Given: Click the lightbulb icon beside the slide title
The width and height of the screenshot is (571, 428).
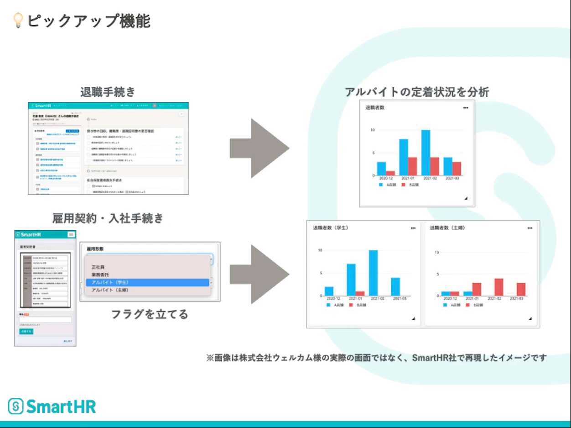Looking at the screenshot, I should [18, 21].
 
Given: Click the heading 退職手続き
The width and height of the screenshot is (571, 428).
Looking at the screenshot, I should [108, 92].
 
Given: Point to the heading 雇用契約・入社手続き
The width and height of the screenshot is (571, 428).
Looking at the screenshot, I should [108, 218].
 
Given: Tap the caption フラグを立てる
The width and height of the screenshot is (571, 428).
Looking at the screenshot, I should [150, 314].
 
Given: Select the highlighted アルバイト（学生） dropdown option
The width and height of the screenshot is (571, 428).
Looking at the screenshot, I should [147, 283].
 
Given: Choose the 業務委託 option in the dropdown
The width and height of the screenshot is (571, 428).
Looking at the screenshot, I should [101, 275].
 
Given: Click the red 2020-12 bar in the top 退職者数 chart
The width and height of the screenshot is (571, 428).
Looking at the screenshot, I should [390, 173].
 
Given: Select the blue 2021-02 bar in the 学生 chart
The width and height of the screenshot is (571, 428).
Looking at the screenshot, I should [373, 273].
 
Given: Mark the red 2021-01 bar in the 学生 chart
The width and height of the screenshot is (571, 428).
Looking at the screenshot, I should [360, 293].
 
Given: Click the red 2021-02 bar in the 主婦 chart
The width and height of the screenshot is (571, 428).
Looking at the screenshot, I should [499, 287].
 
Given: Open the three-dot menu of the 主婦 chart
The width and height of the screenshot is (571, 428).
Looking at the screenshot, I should [529, 228].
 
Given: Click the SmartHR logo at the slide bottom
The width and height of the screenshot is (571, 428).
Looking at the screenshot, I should [52, 406].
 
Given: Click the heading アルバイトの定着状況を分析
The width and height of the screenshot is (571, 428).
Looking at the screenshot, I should [417, 92].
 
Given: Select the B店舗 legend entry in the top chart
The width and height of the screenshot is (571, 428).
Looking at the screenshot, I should [410, 185].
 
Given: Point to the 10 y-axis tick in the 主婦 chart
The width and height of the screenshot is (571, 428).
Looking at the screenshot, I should [436, 252].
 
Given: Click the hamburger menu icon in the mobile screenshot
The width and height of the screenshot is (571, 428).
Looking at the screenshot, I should [71, 234].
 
